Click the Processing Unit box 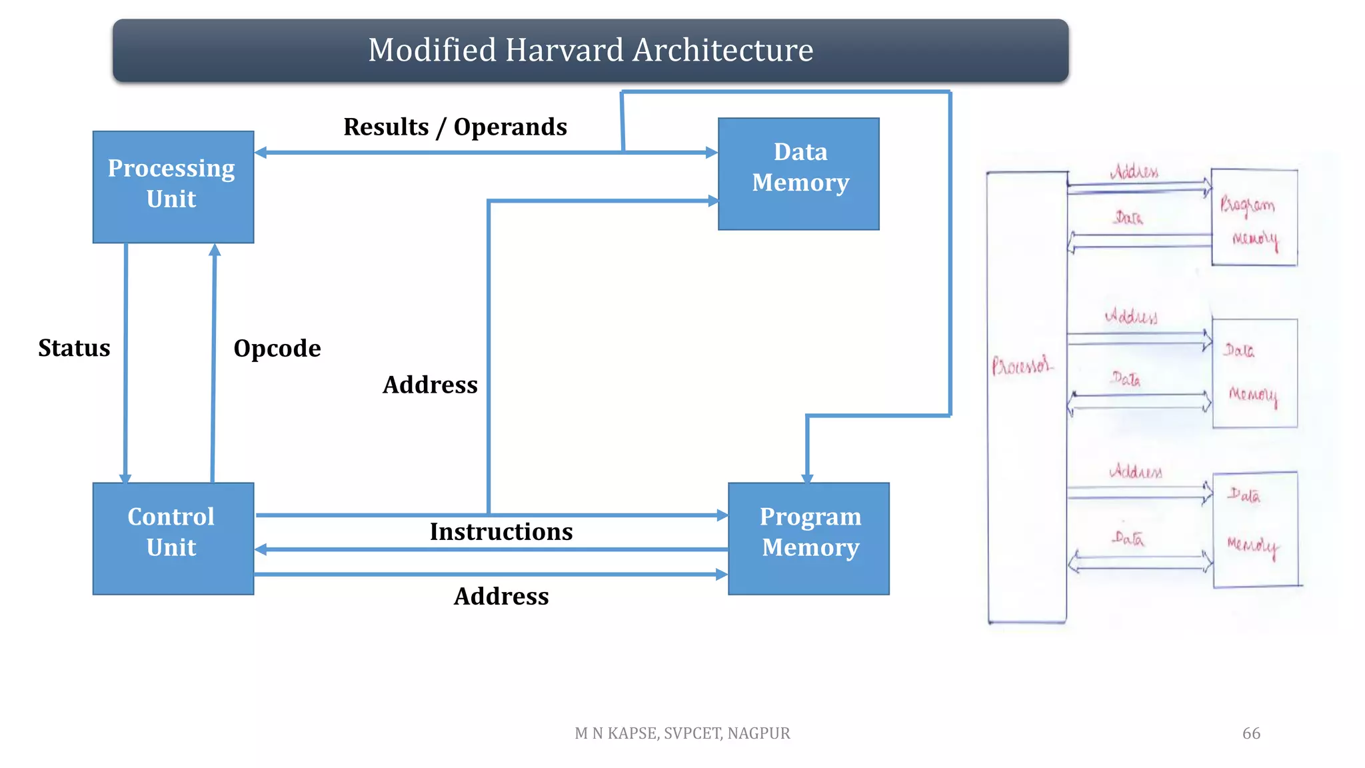click(173, 187)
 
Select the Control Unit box click(173, 538)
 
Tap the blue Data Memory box click(798, 174)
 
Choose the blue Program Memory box click(808, 538)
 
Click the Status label click(74, 348)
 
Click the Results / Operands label click(455, 127)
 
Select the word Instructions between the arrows click(501, 531)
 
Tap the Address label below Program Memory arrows click(501, 596)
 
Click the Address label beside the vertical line click(430, 385)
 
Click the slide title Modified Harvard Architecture click(591, 51)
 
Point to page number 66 click(1251, 733)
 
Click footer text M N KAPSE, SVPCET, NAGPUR click(682, 733)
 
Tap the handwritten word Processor click(1022, 365)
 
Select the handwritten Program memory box click(1254, 218)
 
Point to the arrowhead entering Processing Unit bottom click(215, 250)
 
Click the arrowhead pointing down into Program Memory click(807, 478)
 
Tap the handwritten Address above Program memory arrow click(1134, 172)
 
